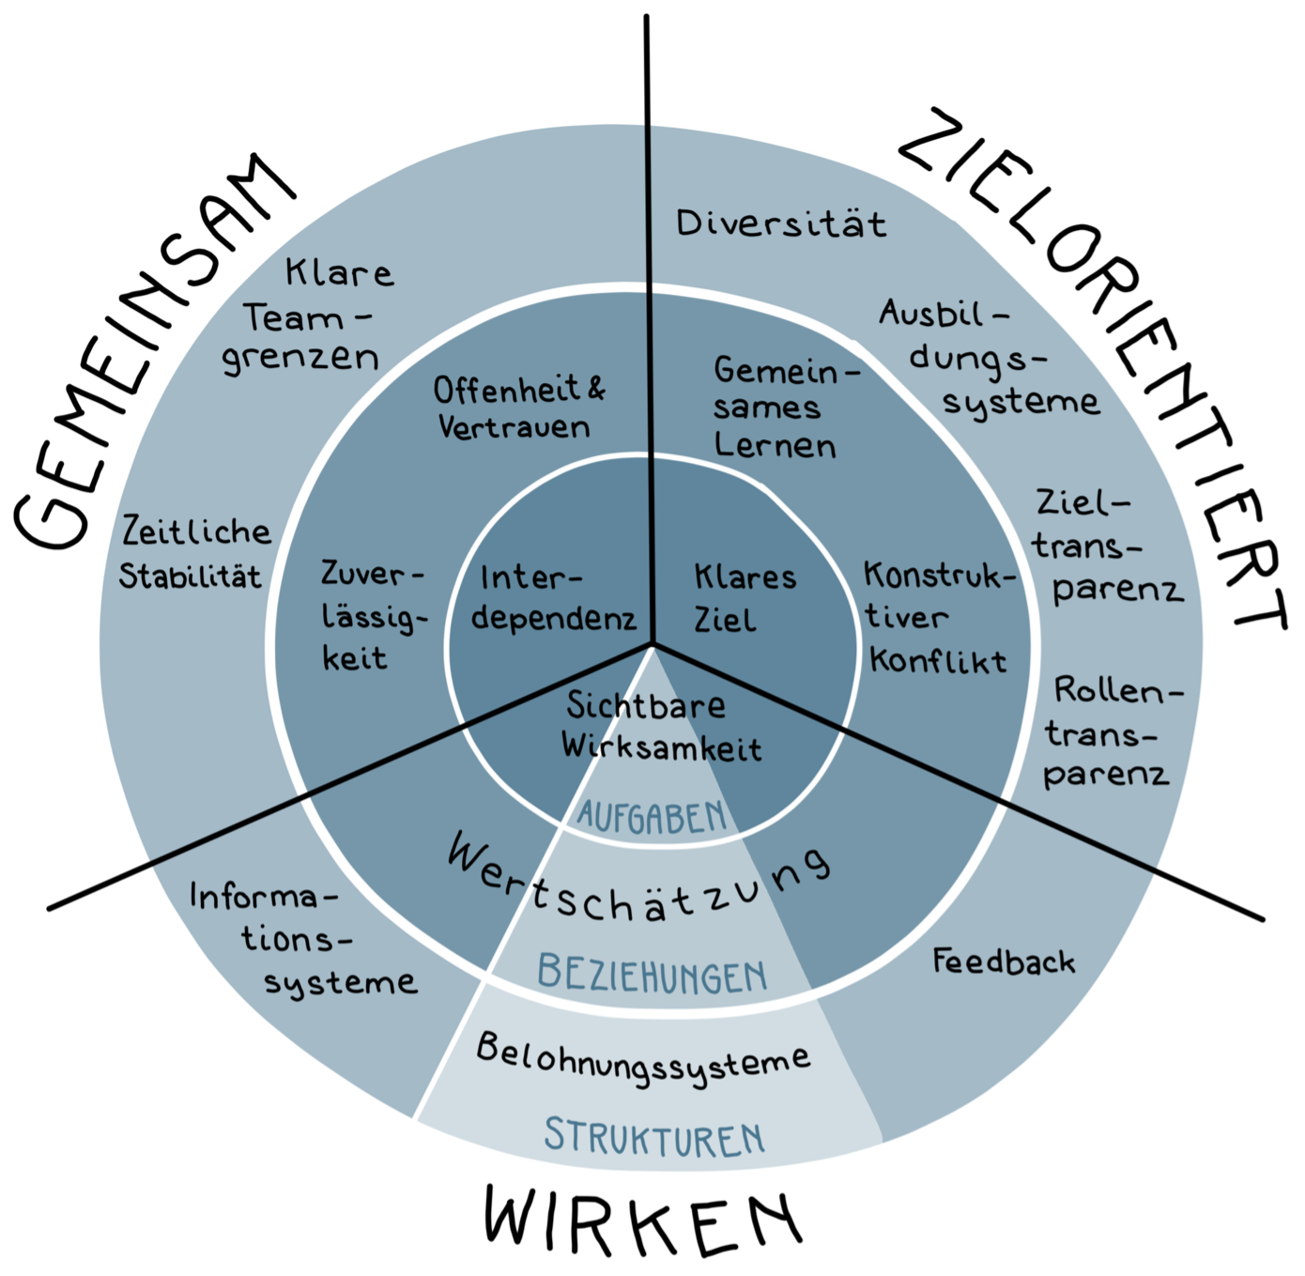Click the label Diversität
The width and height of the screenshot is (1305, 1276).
tap(781, 223)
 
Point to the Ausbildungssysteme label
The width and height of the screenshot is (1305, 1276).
tap(986, 358)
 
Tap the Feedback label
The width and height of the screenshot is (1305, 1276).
tap(1003, 961)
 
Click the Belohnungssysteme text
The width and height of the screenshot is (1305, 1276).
tap(642, 1059)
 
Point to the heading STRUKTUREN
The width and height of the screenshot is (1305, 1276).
tap(654, 1136)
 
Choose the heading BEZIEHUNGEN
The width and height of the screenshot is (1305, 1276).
tap(652, 974)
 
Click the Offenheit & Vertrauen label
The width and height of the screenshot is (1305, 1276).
tap(518, 408)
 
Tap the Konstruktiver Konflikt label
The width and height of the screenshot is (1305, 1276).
tap(937, 617)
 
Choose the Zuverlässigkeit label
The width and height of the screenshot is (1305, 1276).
tap(369, 616)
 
